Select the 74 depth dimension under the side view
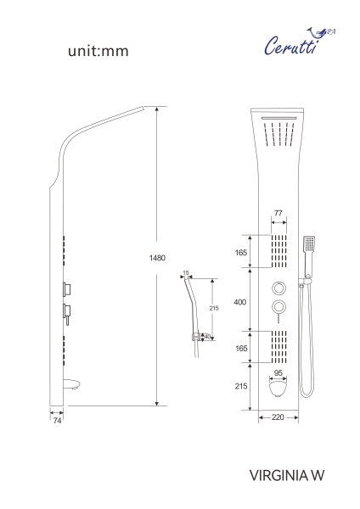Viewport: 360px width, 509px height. [x=58, y=420]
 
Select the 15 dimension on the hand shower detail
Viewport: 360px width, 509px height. [x=186, y=273]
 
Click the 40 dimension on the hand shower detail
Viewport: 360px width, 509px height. [x=207, y=335]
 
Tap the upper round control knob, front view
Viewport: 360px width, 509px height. [x=278, y=285]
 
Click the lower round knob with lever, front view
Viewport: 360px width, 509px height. [x=278, y=307]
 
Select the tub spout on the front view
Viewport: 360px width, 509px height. [x=277, y=389]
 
